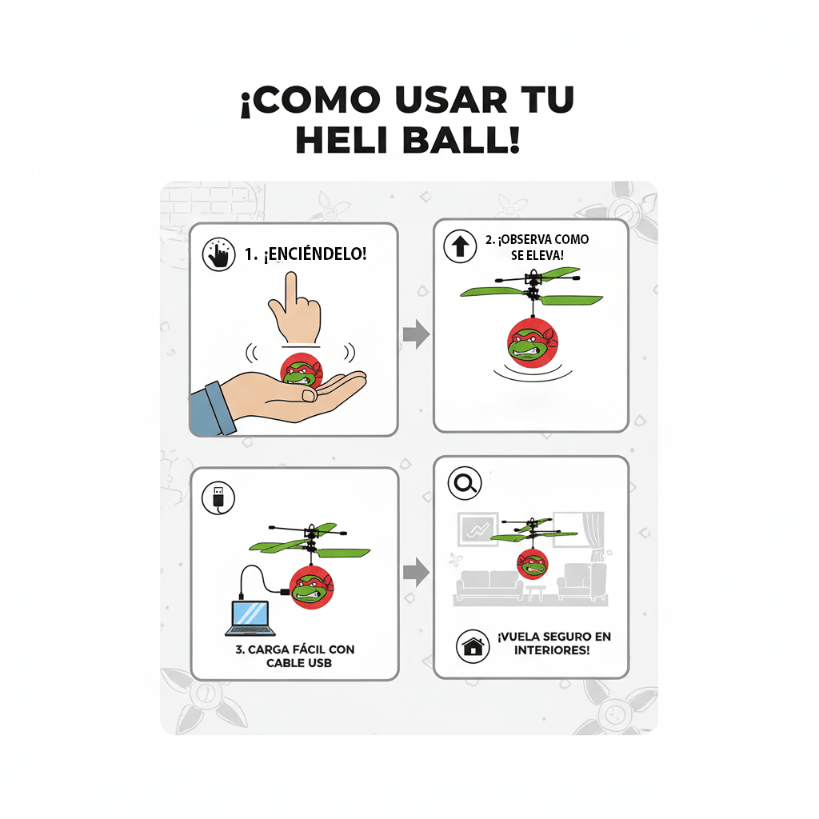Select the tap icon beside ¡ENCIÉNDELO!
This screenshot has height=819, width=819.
click(218, 254)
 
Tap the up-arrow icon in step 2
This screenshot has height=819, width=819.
click(460, 246)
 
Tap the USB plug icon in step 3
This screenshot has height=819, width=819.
click(218, 497)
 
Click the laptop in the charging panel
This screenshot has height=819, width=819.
click(250, 617)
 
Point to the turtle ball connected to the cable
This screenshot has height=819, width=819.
click(311, 586)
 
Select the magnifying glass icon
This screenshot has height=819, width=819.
click(464, 483)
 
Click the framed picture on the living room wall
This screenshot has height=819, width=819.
click(477, 529)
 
